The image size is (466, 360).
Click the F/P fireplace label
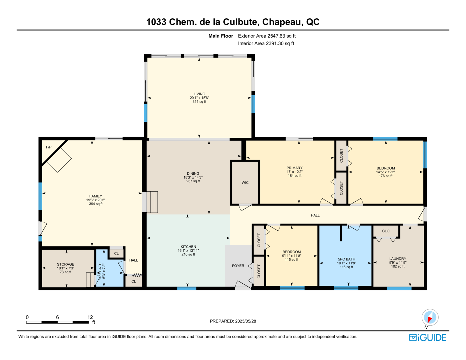point(49,147)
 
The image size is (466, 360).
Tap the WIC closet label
point(245,182)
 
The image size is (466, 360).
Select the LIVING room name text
point(199,94)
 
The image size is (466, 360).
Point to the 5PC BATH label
point(346,259)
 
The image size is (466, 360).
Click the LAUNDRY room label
point(398,259)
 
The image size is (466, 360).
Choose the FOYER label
point(238,266)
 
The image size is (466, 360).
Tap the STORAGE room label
point(66,264)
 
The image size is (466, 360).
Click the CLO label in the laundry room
point(386,231)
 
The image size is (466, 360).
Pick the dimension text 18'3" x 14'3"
point(193,177)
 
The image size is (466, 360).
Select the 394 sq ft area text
point(96,204)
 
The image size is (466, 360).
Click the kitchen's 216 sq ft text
point(188,254)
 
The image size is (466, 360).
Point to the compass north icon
point(430,317)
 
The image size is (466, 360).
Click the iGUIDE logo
point(428,338)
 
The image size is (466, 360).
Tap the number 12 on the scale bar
point(90,317)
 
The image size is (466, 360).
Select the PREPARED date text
point(233,321)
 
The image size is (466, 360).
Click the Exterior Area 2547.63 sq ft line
point(267,36)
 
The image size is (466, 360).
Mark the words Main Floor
point(221,36)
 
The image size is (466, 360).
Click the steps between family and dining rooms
point(152,202)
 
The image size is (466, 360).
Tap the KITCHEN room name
point(188,247)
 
